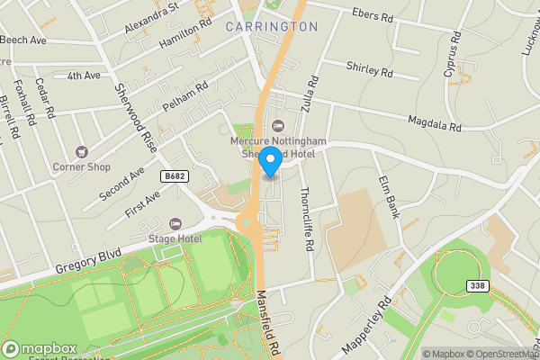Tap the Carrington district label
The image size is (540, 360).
pos(271,27)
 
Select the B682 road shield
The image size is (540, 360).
pos(176,176)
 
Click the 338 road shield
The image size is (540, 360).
pos(478,285)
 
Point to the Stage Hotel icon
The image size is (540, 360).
pos(175,222)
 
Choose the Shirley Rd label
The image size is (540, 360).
pos(370,69)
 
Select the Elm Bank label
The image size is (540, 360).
pos(390,197)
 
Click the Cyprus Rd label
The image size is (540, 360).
pos(452,54)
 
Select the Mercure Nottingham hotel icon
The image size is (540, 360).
pos(275,125)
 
